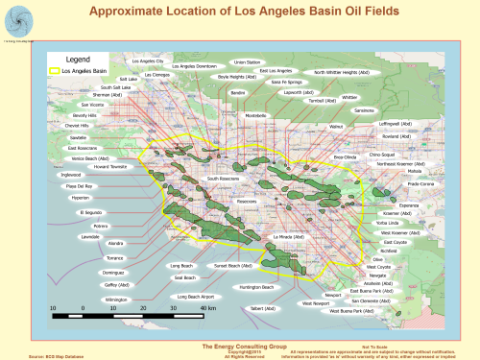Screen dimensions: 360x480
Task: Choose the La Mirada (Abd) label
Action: click(x=289, y=236)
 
